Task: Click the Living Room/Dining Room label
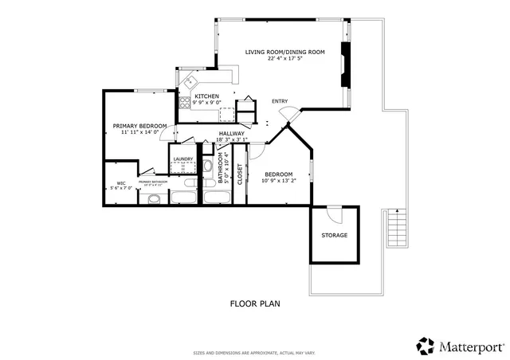point(284,52)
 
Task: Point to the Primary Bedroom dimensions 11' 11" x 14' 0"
point(139,133)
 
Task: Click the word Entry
point(280,101)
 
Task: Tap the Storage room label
point(334,236)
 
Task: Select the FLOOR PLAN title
point(255,303)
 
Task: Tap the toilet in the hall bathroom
point(207,167)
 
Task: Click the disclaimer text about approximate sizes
point(255,352)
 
